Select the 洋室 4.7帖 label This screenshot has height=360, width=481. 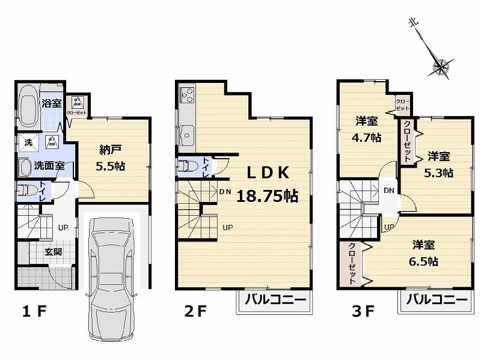click(367, 129)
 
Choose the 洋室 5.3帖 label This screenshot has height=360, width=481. click(439, 164)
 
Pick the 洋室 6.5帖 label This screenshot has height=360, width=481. click(424, 253)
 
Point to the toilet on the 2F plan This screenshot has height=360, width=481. click(187, 166)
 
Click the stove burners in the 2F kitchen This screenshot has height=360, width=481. click(185, 94)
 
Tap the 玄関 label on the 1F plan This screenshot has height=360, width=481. click(53, 252)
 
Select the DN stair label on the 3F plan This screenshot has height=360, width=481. click(389, 190)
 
